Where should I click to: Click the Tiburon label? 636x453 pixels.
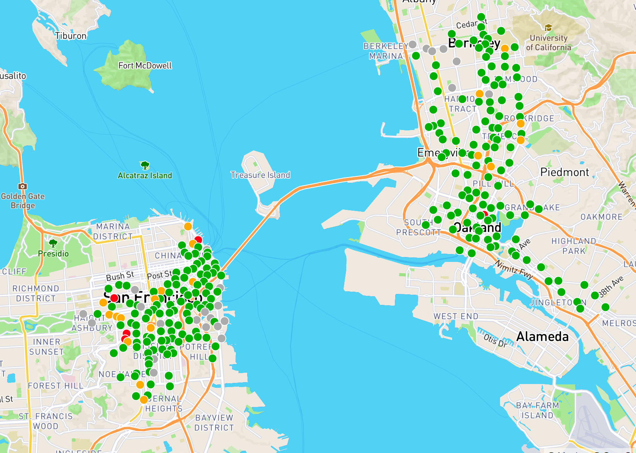tap(71, 36)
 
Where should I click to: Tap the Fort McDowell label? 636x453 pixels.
tap(145, 66)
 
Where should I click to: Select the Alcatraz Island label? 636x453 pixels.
tap(145, 175)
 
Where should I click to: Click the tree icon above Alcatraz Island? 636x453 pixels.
tap(145, 165)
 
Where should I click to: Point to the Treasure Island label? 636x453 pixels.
tap(260, 175)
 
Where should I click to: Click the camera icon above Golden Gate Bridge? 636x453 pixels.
tap(23, 186)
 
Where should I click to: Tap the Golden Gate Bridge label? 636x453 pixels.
tap(23, 201)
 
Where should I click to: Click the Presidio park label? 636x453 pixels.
tap(53, 254)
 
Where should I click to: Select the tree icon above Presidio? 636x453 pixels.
tap(53, 243)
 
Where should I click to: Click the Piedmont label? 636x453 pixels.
tap(564, 172)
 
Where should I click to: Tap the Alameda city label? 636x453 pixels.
tap(542, 336)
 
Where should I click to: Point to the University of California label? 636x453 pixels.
tap(548, 43)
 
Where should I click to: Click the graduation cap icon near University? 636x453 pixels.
tap(548, 28)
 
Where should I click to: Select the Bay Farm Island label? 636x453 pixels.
tap(537, 410)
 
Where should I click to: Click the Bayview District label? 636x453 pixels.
tap(214, 422)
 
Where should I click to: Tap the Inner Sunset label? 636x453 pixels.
tap(47, 347)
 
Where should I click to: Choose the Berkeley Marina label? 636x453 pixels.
tap(385, 51)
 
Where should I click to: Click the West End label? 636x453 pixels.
tap(456, 316)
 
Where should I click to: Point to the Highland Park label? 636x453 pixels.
tap(574, 246)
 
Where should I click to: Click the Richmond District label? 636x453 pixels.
tap(36, 293)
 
